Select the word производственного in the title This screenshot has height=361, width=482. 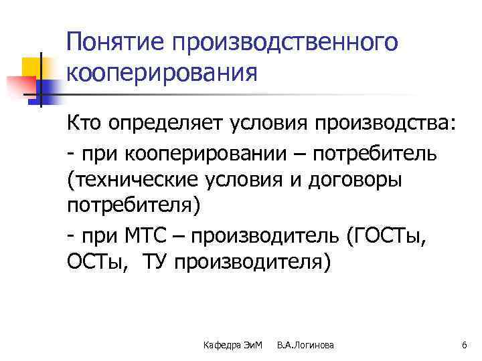coord(284,43)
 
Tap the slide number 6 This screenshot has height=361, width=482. coord(463,344)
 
